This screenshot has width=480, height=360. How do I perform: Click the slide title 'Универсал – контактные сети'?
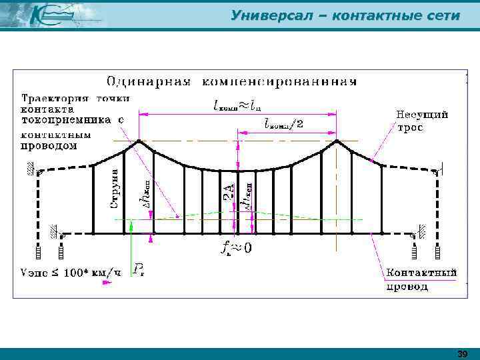(x=345, y=15)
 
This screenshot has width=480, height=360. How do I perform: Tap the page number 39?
(x=463, y=354)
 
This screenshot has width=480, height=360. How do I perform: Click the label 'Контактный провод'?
(x=421, y=279)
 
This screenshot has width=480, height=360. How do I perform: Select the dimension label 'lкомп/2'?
(x=284, y=123)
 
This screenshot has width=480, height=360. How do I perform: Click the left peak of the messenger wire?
(x=139, y=141)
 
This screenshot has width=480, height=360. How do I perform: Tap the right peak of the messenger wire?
(x=337, y=141)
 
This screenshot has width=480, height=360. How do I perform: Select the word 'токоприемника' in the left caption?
(x=63, y=120)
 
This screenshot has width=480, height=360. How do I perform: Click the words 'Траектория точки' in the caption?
(x=75, y=98)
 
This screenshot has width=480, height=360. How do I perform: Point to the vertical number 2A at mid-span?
(x=227, y=193)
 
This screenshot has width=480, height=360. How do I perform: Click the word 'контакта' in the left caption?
(x=47, y=109)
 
